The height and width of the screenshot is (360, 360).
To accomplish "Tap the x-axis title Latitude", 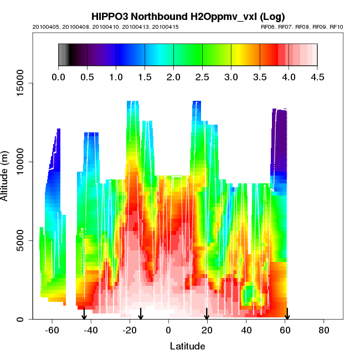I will pyautogui.click(x=187, y=346).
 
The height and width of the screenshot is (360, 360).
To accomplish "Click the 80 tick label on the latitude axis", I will pyautogui.click(x=324, y=330).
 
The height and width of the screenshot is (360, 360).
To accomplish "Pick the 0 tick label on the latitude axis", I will pyautogui.click(x=168, y=330).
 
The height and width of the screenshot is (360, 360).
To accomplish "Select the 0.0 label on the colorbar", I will pyautogui.click(x=58, y=78).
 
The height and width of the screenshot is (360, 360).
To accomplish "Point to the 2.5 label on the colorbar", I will pyautogui.click(x=202, y=78).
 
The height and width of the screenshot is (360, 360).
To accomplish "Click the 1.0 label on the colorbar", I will pyautogui.click(x=116, y=78).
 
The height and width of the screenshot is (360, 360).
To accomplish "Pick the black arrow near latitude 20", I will pyautogui.click(x=207, y=315).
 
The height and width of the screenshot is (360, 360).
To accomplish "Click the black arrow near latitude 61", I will pyautogui.click(x=287, y=315).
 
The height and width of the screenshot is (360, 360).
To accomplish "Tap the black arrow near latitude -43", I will pyautogui.click(x=84, y=315).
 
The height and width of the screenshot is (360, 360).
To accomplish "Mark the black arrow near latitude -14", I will pyautogui.click(x=141, y=315).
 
